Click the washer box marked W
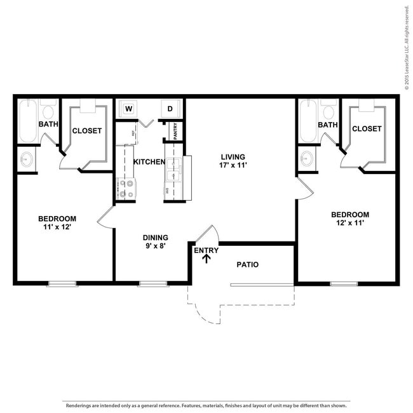tap(128, 109)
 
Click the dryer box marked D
tap(170, 109)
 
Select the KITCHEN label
tap(149, 162)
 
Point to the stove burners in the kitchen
tap(126, 188)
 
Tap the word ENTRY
tap(206, 250)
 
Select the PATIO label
tap(247, 264)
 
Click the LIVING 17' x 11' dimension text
tap(233, 161)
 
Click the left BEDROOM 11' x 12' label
tap(58, 223)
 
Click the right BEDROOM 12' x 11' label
tap(349, 219)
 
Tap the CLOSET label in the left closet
tap(87, 131)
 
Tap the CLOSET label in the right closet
tap(367, 128)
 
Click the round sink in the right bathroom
tap(307, 158)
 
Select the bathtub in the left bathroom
tap(27, 121)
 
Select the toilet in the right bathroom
tap(328, 110)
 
